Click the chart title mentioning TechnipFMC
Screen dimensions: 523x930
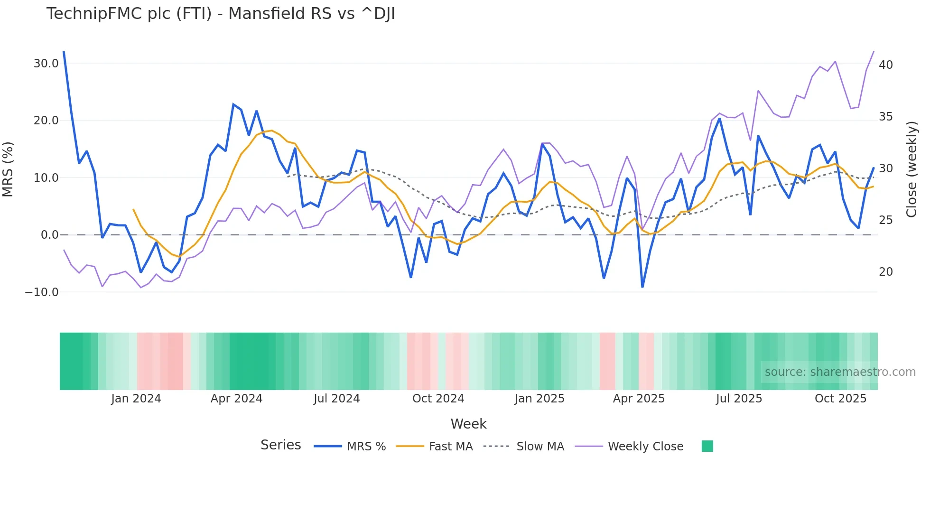(x=221, y=14)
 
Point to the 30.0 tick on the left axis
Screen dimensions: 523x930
(x=46, y=64)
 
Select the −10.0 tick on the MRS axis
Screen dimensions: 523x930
(x=42, y=292)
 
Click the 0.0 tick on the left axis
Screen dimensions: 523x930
(x=49, y=235)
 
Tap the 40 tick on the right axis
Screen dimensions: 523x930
(x=885, y=65)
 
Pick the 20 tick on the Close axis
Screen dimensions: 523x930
(x=885, y=272)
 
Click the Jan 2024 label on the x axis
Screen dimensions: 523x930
(x=136, y=399)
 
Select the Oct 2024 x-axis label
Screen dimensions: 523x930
(x=438, y=399)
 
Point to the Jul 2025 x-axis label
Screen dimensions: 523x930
(x=739, y=399)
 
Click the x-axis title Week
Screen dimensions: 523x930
(x=468, y=424)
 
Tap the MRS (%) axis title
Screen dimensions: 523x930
(x=8, y=169)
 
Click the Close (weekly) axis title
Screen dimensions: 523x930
(x=911, y=169)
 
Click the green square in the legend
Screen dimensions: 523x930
(x=707, y=446)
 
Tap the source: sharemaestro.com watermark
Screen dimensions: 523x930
(x=840, y=372)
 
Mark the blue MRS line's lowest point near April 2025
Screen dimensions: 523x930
(x=642, y=287)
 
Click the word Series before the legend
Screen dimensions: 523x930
(x=280, y=445)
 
